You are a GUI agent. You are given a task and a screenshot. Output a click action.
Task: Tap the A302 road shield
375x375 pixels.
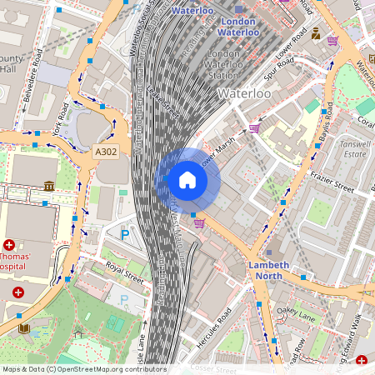106,152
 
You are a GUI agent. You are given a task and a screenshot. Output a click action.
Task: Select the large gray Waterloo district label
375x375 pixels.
244,94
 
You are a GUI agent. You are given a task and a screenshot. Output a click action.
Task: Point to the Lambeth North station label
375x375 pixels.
268,270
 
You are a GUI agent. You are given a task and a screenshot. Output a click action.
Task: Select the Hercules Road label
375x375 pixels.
213,327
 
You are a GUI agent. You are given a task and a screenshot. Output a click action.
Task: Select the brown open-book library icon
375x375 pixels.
23,328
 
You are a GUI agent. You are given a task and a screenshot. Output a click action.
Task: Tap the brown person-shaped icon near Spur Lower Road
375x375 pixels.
316,34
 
